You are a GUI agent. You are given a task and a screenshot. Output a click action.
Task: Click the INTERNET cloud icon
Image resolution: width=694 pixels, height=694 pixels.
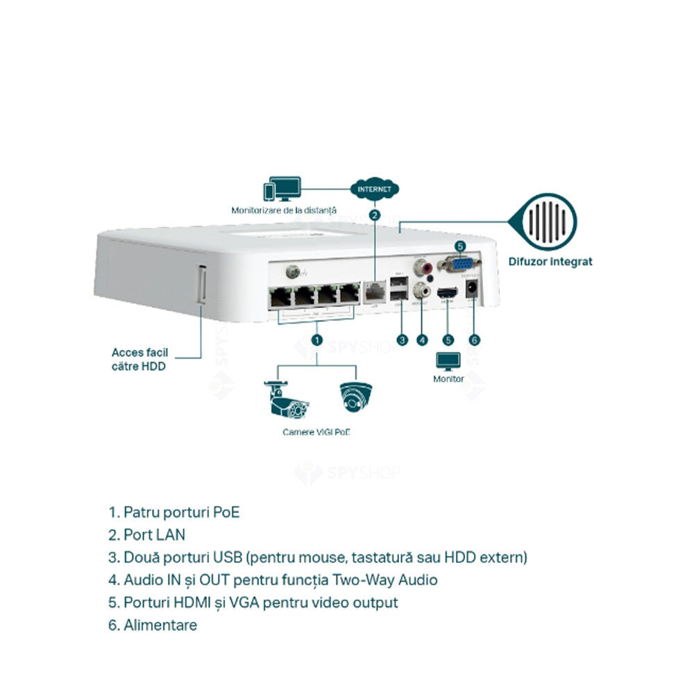375,188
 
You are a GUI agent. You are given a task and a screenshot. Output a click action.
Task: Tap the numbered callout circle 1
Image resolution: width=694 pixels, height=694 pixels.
316,340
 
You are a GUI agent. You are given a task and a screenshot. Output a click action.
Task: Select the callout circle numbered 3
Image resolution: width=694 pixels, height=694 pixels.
402,340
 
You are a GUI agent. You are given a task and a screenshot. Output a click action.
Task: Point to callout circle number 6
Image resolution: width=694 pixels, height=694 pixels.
475,340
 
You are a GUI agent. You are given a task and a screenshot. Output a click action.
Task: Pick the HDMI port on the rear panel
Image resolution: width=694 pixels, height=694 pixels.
448,294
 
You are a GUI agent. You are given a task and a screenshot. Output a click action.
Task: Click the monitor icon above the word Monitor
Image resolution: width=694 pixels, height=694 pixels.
448,362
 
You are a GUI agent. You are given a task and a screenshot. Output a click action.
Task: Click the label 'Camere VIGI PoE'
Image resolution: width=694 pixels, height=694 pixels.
316,432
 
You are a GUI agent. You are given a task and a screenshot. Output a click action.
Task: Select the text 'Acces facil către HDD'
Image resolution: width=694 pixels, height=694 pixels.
139,359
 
